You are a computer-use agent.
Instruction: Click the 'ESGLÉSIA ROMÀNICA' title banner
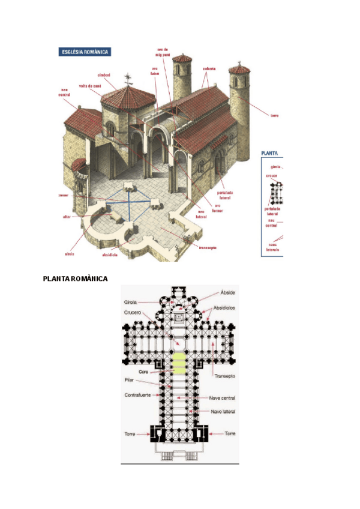85,52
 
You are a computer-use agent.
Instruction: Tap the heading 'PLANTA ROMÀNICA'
75,279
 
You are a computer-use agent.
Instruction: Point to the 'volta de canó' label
90,86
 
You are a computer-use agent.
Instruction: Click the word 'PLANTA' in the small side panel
270,153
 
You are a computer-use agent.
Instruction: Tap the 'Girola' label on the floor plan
130,302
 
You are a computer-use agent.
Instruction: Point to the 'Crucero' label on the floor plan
133,312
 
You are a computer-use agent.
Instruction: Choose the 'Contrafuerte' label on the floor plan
137,395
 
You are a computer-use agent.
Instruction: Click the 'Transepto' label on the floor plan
224,376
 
